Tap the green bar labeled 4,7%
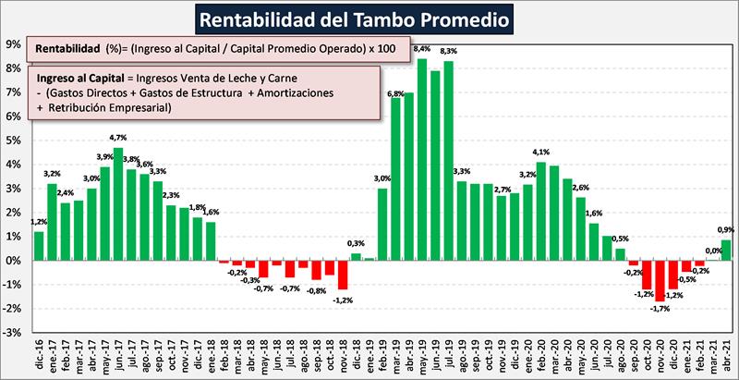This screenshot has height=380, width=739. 118,203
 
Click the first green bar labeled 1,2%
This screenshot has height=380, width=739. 39,246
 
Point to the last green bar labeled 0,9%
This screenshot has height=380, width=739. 725,250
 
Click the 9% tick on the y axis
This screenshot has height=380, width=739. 14,43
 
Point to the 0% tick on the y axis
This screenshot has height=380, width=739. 14,261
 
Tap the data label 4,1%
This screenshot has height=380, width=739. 542,153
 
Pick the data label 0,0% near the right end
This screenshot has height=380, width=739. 712,251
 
